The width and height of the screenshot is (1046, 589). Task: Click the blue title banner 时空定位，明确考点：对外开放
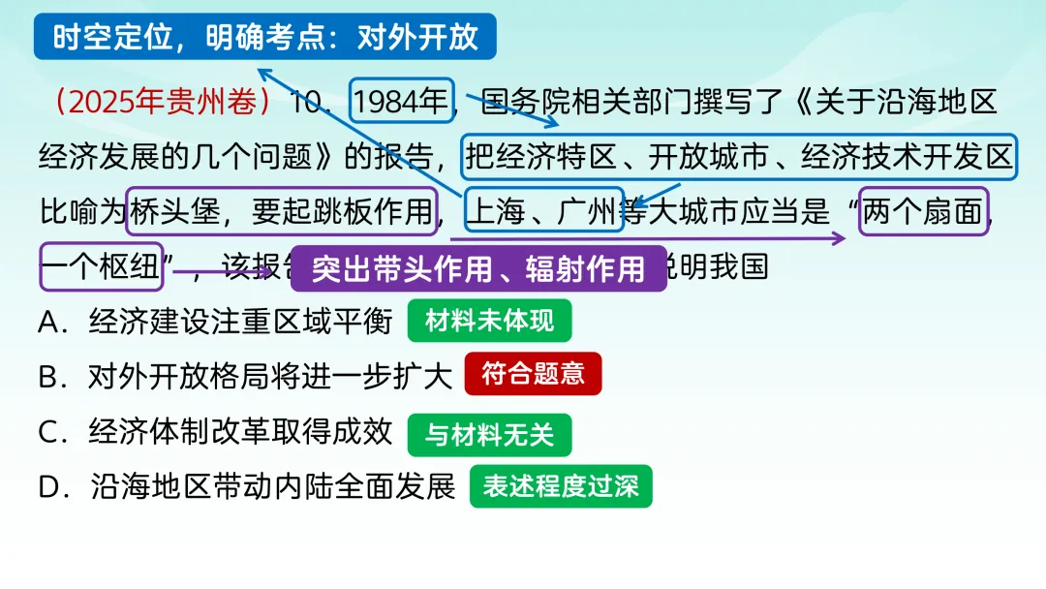265,37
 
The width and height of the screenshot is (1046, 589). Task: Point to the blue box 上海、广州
543,211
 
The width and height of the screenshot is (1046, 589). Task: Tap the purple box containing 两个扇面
924,211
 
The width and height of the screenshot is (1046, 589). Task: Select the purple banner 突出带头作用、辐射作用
478,268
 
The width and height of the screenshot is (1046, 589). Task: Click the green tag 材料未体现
489,321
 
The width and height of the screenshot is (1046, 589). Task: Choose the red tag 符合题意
533,374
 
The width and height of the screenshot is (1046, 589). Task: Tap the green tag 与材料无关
489,435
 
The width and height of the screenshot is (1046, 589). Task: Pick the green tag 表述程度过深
561,486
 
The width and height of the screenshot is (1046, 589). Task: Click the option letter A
50,322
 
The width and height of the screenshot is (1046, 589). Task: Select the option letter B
50,376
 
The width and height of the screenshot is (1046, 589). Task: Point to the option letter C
50,432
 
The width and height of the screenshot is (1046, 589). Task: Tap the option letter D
51,486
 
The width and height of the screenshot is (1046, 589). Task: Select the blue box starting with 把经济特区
739,157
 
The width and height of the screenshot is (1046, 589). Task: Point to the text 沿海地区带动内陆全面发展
273,486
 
